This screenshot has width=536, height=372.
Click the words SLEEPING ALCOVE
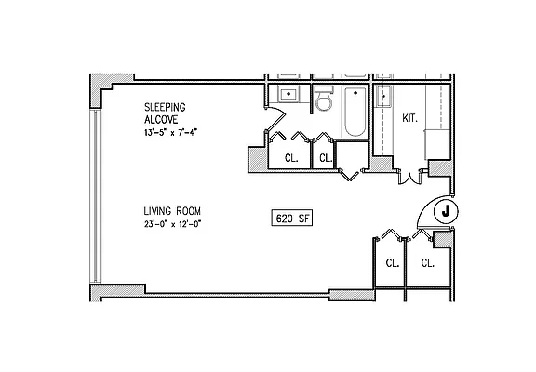click(166, 113)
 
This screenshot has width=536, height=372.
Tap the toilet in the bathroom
click(324, 100)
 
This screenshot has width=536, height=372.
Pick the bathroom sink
click(288, 95)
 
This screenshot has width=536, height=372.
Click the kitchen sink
click(385, 97)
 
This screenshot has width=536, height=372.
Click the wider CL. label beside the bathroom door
click(290, 158)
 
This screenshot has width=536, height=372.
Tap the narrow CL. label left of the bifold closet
click(326, 158)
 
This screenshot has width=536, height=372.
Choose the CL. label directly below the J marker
click(428, 263)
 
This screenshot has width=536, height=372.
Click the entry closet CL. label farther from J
click(392, 263)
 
